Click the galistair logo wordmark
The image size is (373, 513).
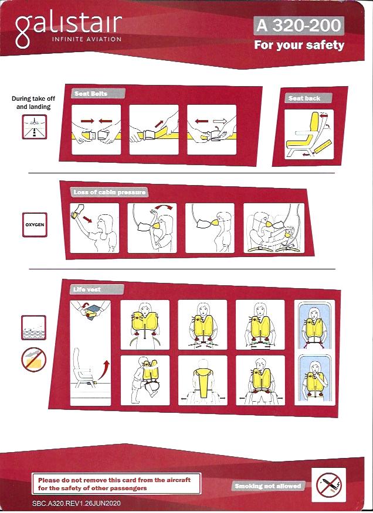coord(69,27)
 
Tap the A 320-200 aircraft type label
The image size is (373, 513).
coord(299,26)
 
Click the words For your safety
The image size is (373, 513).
coord(299,45)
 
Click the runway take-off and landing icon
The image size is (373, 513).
coord(35,126)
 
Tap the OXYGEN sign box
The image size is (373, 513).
coord(35,225)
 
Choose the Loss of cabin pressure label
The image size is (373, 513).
coord(109,192)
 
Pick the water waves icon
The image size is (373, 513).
coord(34,327)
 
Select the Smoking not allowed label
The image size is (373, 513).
coord(268,486)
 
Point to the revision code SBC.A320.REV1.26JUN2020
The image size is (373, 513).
coord(76,503)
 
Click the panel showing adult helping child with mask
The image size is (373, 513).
coord(274,228)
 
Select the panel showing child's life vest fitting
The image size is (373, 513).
coord(145,380)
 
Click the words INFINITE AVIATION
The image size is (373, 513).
coord(87,39)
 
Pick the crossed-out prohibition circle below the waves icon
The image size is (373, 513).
coord(34,360)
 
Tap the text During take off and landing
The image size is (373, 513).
coord(33,102)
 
